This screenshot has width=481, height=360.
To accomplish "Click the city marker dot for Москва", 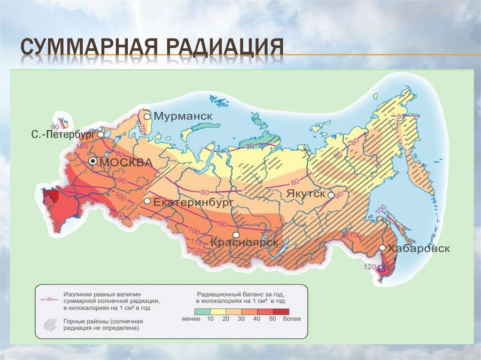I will click(x=93, y=161).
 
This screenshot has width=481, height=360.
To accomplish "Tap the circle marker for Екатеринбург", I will click(x=147, y=201).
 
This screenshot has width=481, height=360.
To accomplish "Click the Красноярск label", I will click(x=244, y=242).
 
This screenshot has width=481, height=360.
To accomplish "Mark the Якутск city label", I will click(x=306, y=194).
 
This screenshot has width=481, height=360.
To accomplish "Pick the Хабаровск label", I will click(x=419, y=248).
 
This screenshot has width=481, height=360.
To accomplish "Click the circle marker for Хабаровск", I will click(x=382, y=248).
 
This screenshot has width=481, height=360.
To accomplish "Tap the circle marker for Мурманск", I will click(x=147, y=116).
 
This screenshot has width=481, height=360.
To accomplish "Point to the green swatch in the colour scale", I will click(x=202, y=311).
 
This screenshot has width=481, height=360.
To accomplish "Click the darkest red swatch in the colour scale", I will click(x=281, y=311).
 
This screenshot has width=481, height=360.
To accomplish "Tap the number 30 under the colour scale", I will click(x=241, y=319).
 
